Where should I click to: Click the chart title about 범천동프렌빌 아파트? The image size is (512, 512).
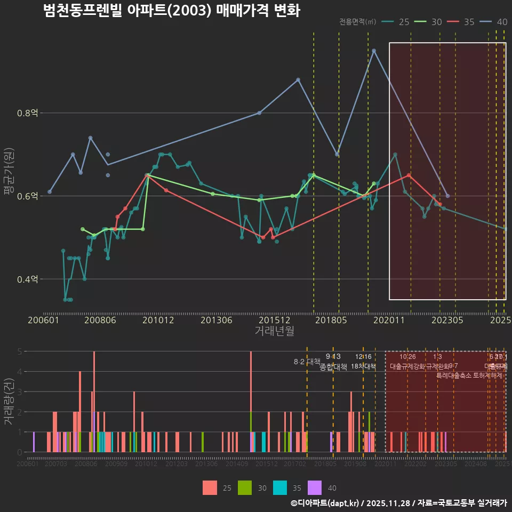coord(172,11)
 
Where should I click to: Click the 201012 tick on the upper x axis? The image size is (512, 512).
coord(158,320)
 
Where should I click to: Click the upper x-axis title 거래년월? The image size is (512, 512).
coord(274,331)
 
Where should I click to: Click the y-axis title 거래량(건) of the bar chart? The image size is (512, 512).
coord(9,402)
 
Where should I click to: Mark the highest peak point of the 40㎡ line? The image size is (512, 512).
coord(374,51)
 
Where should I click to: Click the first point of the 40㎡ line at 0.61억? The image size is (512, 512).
coord(50,191)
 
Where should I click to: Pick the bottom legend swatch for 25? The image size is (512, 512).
coord(210,487)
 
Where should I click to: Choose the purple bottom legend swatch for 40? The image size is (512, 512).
coord(315,487)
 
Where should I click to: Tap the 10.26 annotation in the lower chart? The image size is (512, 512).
coord(407,357)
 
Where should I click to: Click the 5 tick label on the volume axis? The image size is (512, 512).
coord(19,351)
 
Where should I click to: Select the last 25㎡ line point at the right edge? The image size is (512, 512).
coord(505,229)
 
